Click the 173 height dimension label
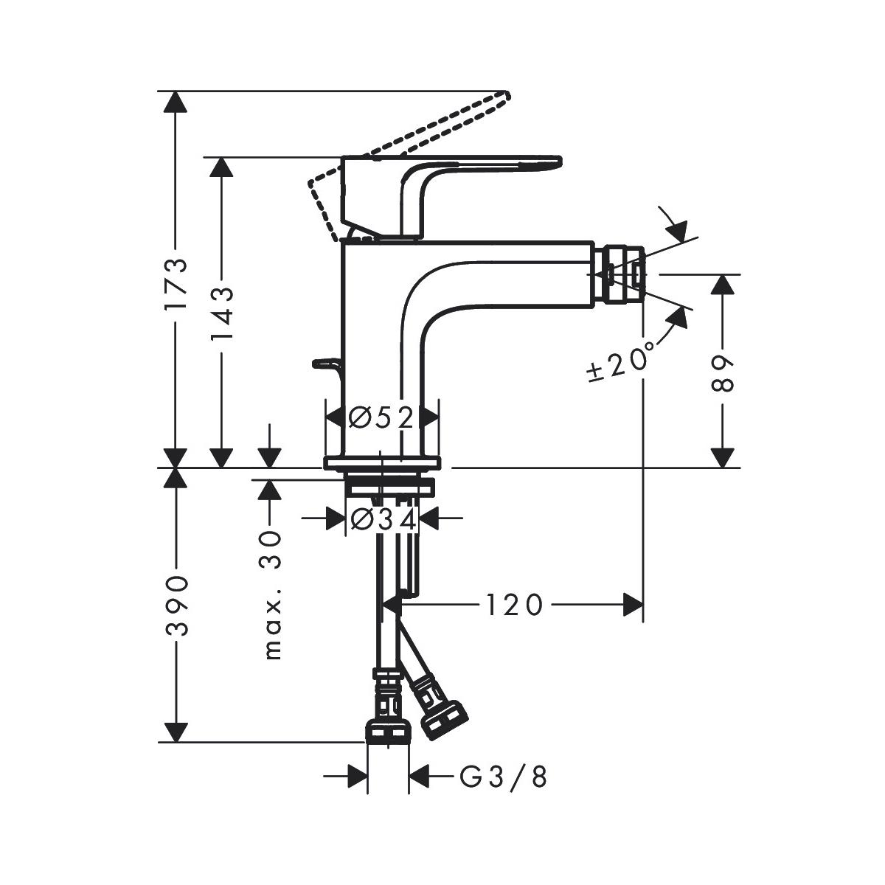[x=176, y=284]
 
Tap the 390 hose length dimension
[x=176, y=605]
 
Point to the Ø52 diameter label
[x=381, y=417]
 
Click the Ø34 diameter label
[x=383, y=521]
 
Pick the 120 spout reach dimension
[x=514, y=605]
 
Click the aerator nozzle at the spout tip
[x=622, y=275]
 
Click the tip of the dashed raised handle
[x=508, y=95]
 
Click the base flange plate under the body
[x=382, y=463]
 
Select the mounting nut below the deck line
[x=389, y=487]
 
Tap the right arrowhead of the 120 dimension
[x=632, y=605]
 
